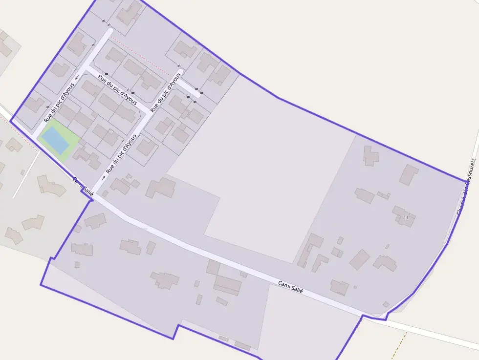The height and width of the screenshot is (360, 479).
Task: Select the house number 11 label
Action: [x=406, y=217]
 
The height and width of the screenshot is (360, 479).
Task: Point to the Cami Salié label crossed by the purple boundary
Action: [x=83, y=186]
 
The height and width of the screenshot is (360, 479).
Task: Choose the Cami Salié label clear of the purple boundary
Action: [x=290, y=287]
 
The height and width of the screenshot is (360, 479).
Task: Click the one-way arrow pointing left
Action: [x=77, y=77]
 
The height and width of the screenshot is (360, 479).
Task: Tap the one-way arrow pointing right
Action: [x=103, y=177]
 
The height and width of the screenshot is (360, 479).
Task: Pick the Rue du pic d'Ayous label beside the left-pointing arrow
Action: [x=59, y=103]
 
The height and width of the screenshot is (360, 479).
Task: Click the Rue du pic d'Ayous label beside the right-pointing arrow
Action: [x=121, y=154]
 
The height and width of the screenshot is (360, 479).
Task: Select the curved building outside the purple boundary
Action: [x=51, y=185]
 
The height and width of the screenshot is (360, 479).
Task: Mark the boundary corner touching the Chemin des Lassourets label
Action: [x=466, y=181]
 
